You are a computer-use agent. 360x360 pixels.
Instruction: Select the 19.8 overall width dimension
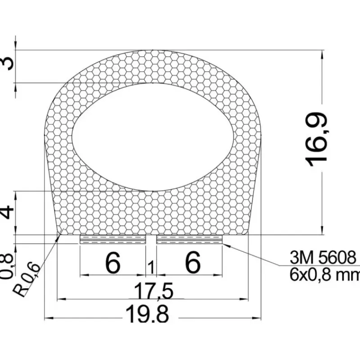(147, 314)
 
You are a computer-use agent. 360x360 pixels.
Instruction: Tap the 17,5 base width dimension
(153, 291)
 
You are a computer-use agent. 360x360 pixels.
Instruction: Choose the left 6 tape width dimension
(113, 263)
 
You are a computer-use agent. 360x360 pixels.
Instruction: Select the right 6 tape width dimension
(193, 263)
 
